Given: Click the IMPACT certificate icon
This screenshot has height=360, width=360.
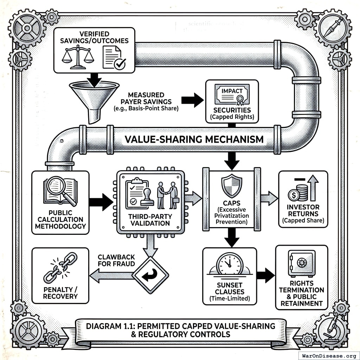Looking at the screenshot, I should pos(232,94).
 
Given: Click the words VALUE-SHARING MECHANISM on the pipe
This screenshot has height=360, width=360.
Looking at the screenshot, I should pos(194,139).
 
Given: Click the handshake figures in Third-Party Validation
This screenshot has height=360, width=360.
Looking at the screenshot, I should pos(167,195).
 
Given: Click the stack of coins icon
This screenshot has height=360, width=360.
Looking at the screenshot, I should pos(299,193).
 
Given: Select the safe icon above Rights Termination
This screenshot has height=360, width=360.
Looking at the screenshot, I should pos(301,262).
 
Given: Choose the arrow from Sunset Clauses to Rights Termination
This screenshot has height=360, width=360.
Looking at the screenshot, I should pos(265,275).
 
